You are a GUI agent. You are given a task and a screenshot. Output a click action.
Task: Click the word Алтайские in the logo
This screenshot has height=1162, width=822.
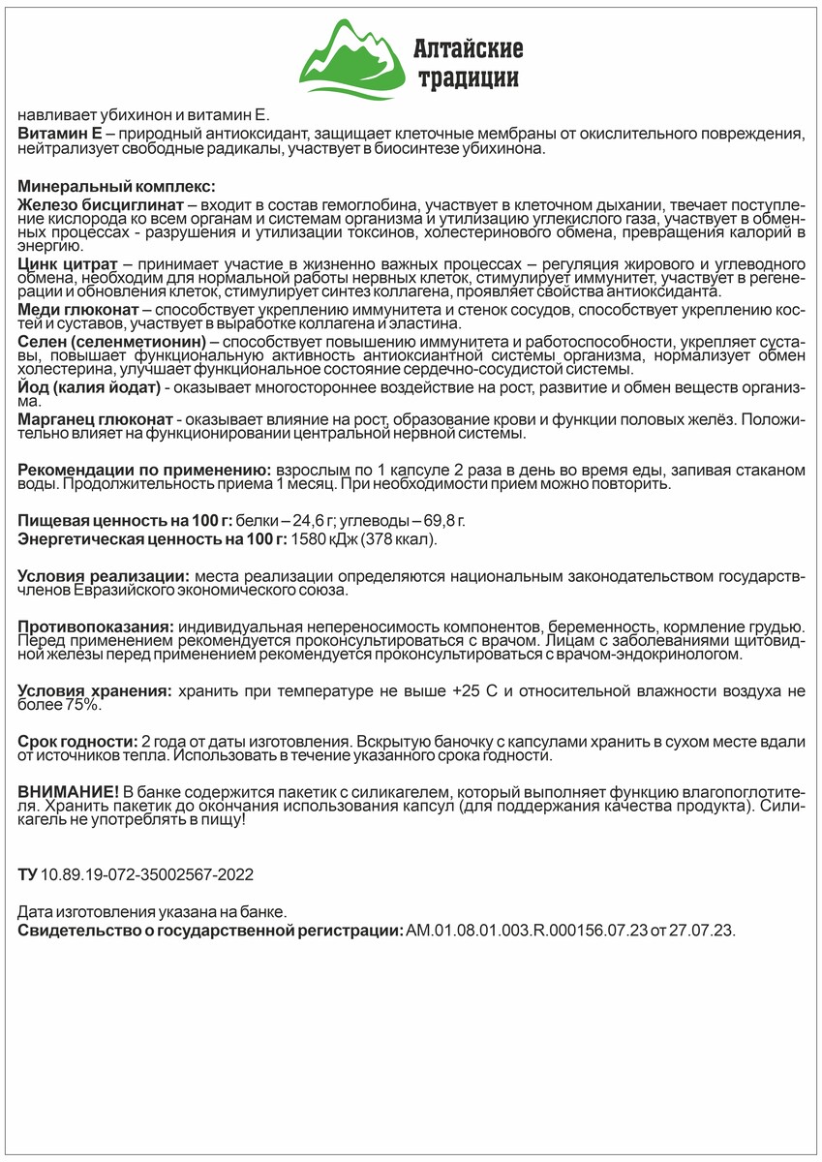[468, 47]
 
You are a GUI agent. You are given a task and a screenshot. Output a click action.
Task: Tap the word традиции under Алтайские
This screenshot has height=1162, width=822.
[468, 77]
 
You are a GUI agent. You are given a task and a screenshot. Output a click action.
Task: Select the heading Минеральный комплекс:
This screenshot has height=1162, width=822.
[116, 186]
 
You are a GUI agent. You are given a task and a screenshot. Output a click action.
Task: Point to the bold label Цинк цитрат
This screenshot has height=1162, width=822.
[68, 264]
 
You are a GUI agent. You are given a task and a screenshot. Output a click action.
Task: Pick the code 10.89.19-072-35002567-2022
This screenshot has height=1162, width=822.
[147, 874]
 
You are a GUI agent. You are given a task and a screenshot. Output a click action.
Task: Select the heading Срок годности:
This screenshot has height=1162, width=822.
[77, 741]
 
